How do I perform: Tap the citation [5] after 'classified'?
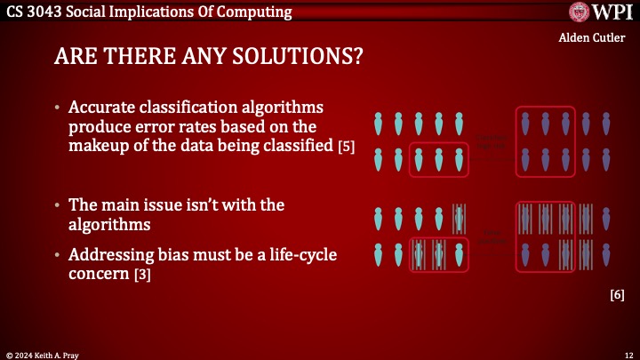(347, 147)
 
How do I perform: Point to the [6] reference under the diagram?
(617, 294)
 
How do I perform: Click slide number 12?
(628, 353)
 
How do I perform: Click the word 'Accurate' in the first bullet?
(104, 108)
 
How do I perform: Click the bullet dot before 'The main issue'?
(58, 205)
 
